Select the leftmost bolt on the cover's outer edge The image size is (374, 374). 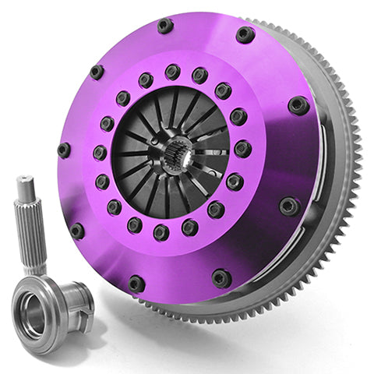tap(64, 150)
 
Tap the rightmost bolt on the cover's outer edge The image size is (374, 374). tap(298, 104)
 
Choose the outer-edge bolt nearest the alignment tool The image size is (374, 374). tap(77, 231)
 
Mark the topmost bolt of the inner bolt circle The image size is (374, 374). tap(172, 72)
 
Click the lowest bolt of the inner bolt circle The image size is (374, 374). tap(161, 232)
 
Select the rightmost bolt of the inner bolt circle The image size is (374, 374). tap(242, 148)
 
